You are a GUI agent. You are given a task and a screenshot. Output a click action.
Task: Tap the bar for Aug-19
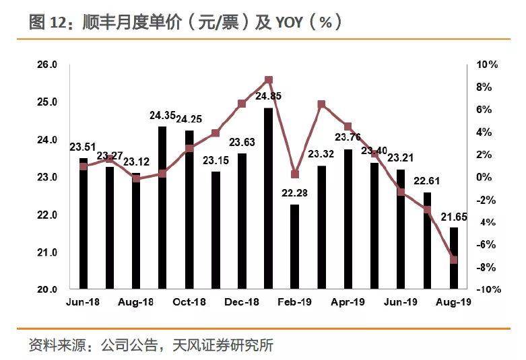453,258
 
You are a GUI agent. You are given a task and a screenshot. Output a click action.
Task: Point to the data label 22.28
295,194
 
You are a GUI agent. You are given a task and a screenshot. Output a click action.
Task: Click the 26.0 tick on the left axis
48,65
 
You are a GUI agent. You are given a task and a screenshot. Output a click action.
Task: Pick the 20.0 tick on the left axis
48,290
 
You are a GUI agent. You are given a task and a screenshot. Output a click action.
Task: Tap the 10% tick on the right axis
487,65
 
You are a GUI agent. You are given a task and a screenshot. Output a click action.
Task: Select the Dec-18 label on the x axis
242,303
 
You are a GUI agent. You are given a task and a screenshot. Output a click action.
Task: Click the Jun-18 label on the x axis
84,303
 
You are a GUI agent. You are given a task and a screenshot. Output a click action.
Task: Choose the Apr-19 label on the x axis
348,303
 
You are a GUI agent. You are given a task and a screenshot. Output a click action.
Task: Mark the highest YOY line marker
269,80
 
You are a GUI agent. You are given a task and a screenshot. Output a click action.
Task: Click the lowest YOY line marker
453,260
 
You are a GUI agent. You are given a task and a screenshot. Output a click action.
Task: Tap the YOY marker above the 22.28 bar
295,174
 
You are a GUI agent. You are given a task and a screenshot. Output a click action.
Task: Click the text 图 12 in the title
45,22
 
